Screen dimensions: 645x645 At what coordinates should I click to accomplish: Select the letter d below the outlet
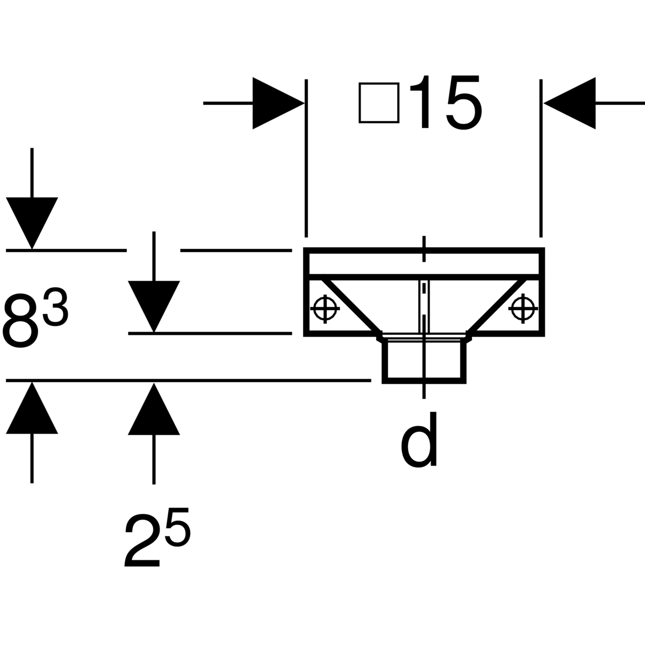tap(419, 439)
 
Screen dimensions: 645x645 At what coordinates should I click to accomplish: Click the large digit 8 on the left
tap(20, 320)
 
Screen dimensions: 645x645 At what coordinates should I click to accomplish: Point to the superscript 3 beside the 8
tap(55, 306)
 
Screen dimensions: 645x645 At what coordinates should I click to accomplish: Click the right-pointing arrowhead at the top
tap(278, 103)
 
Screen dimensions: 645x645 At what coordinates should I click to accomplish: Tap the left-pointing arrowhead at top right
tap(570, 103)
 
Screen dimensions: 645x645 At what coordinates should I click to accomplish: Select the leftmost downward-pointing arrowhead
tap(32, 223)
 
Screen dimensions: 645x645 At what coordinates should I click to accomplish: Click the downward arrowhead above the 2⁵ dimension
tap(154, 306)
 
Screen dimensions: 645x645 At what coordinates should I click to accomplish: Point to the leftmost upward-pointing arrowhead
tap(32, 408)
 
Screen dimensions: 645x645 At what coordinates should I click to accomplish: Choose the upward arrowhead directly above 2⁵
tap(154, 409)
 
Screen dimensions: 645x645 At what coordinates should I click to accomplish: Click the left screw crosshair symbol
tap(325, 309)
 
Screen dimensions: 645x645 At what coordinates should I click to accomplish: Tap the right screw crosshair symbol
tap(523, 309)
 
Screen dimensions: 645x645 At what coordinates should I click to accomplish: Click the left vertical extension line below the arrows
tap(306, 159)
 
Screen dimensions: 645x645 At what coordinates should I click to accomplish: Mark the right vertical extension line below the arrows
tap(541, 159)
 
